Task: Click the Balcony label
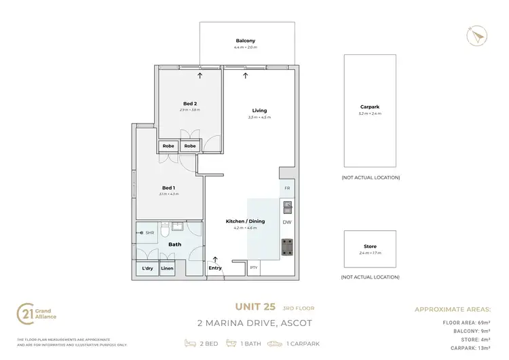(x=246, y=41)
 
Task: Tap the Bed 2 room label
(x=189, y=103)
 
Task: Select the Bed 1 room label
(x=169, y=187)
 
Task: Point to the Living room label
(x=259, y=110)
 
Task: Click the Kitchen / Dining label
(x=245, y=221)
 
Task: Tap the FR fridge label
(x=287, y=187)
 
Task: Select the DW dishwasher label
(x=287, y=222)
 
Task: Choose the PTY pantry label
(x=253, y=268)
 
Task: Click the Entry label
(x=215, y=268)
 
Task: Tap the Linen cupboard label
(x=167, y=268)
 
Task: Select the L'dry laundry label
(x=147, y=268)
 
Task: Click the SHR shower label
(x=150, y=232)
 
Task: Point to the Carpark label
(x=370, y=107)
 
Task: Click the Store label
(x=370, y=247)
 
